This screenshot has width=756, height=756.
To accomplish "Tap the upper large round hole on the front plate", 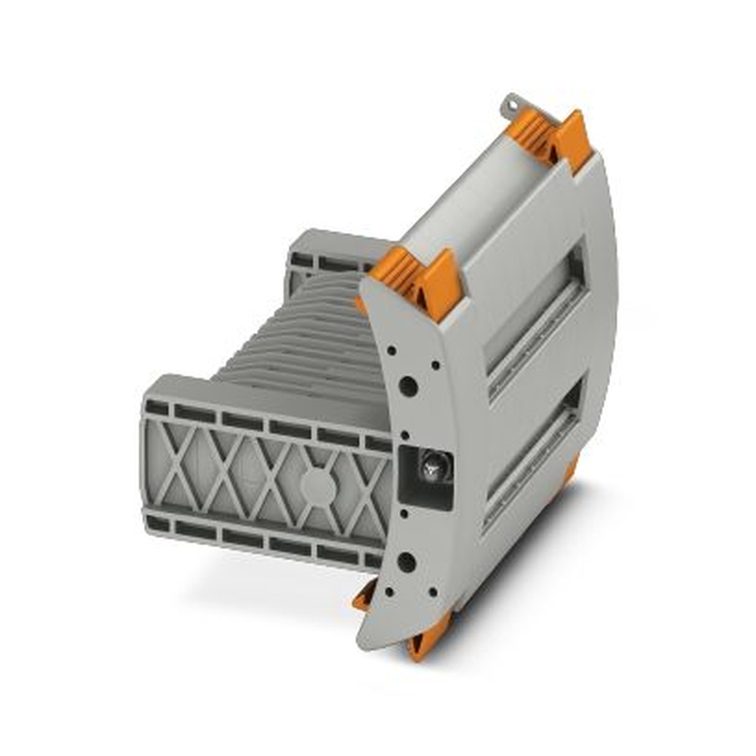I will (x=407, y=387).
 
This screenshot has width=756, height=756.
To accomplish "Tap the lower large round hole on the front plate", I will (x=406, y=562).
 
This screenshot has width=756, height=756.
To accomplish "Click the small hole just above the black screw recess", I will (x=405, y=435).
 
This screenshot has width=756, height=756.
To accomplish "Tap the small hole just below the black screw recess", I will (x=404, y=514).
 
